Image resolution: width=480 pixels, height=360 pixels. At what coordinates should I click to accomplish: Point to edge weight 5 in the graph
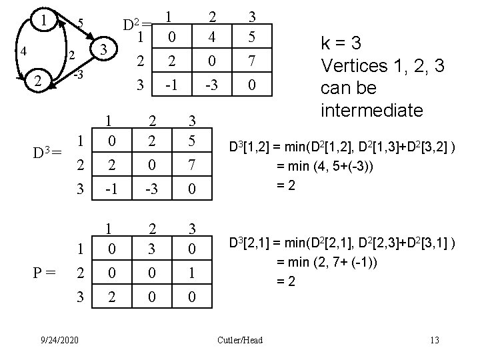click(x=79, y=23)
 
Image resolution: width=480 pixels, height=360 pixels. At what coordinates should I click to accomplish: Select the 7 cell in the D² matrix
click(x=251, y=62)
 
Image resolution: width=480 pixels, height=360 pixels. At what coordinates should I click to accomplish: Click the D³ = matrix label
click(x=47, y=153)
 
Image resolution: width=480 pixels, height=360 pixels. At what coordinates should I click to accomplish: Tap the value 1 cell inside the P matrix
click(x=193, y=274)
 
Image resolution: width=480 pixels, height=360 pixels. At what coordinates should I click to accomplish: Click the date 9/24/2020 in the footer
click(x=61, y=341)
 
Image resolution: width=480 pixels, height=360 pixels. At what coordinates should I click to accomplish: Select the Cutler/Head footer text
click(x=240, y=341)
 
